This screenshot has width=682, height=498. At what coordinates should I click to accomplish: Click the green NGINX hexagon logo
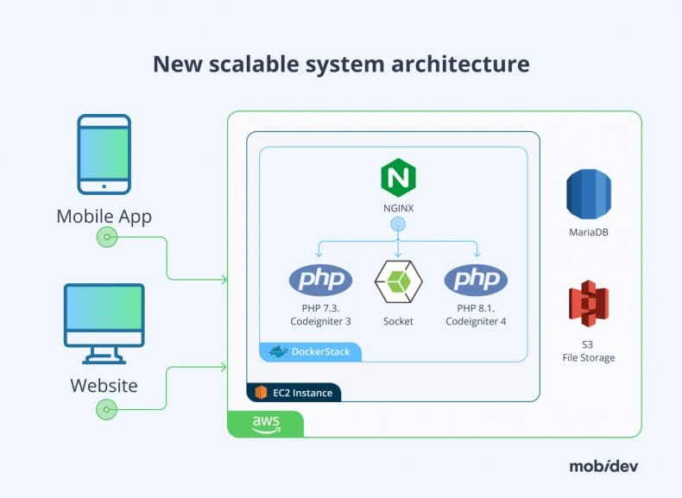(x=398, y=179)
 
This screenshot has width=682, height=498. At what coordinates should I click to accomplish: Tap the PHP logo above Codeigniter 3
(x=320, y=280)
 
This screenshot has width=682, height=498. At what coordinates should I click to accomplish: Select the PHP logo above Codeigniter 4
(x=476, y=280)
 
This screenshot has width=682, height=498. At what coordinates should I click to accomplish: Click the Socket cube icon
(x=398, y=281)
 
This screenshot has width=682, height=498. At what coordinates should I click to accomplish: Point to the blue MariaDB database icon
(x=588, y=193)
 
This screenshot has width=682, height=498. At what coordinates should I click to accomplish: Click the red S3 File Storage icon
(x=588, y=304)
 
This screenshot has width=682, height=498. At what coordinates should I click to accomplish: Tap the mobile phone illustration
(x=104, y=154)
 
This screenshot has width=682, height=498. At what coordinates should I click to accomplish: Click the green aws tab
(x=265, y=424)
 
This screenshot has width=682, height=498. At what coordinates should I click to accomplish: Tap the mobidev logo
(x=604, y=466)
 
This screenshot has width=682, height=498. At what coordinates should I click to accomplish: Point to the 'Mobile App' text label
(x=104, y=216)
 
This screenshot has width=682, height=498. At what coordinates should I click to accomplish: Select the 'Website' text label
(x=104, y=385)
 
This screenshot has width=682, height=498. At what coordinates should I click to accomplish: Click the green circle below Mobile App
(x=106, y=236)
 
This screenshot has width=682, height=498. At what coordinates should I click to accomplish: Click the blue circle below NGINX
(x=398, y=224)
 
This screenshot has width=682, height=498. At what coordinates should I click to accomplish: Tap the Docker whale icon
(x=277, y=351)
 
